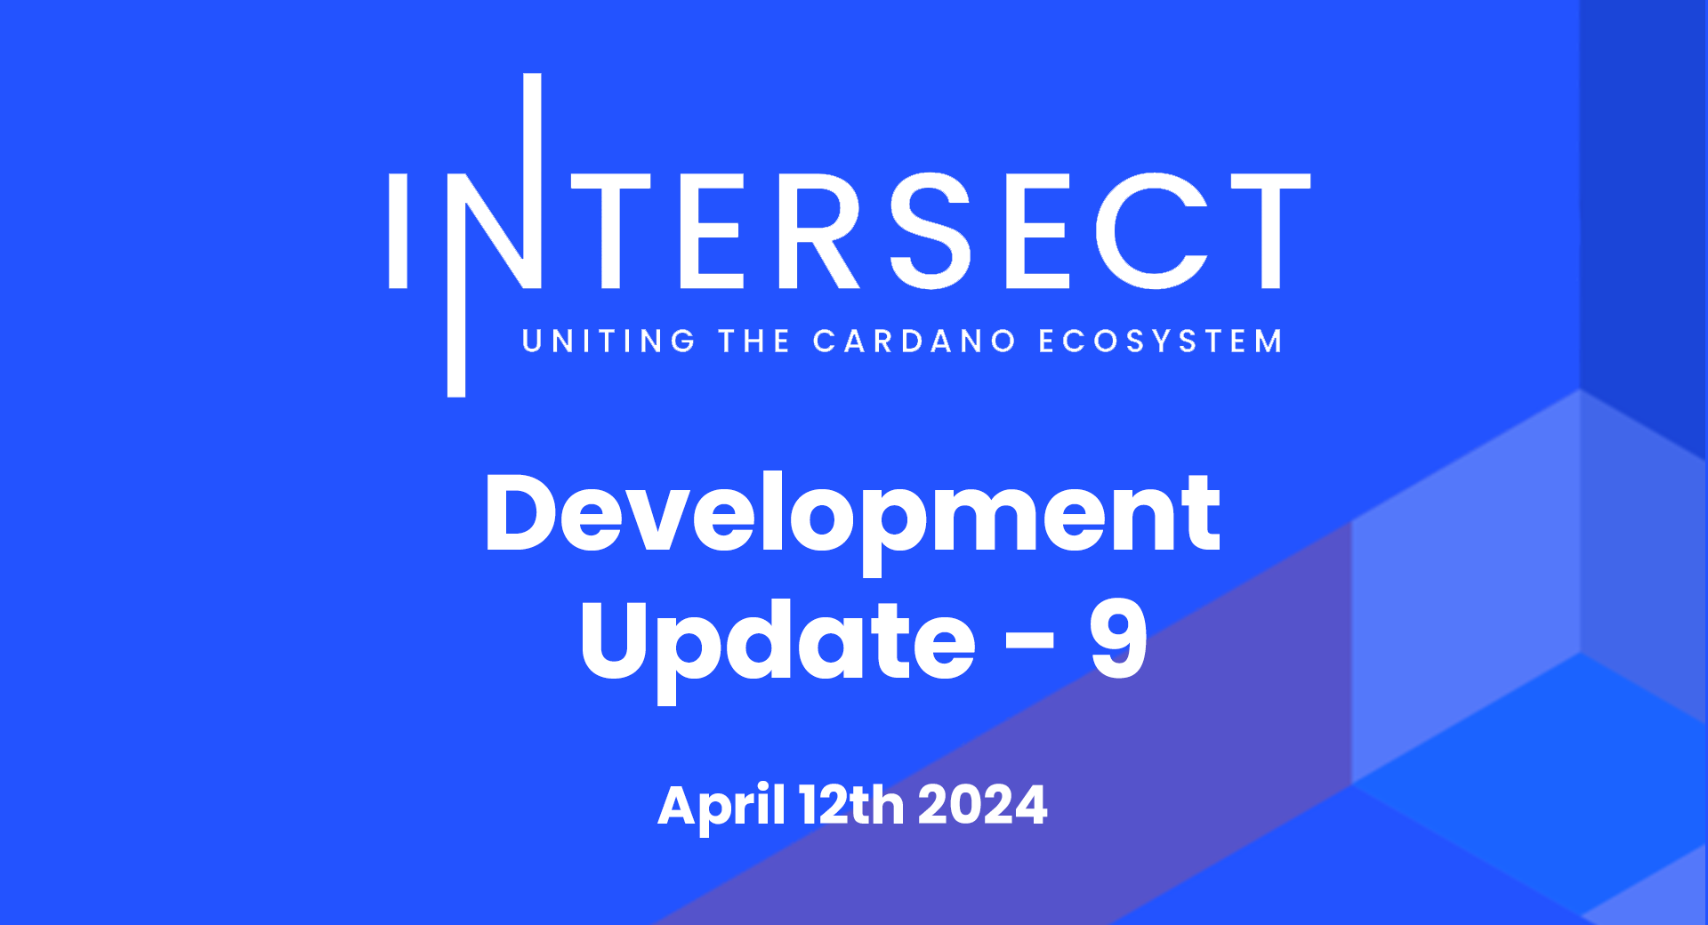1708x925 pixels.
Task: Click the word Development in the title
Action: pyautogui.click(x=852, y=516)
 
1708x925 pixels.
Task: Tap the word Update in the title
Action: pyautogui.click(x=777, y=642)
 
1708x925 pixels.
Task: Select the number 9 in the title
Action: pyautogui.click(x=1118, y=638)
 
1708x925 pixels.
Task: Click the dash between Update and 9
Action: pyautogui.click(x=1029, y=640)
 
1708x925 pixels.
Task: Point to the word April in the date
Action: pyautogui.click(x=721, y=806)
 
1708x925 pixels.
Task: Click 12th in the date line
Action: pyautogui.click(x=851, y=805)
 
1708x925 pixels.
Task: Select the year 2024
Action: pyautogui.click(x=982, y=805)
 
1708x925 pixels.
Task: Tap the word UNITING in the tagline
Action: pyautogui.click(x=608, y=342)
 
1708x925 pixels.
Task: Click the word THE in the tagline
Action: pyautogui.click(x=754, y=342)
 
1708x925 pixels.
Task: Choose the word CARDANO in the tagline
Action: pyautogui.click(x=914, y=342)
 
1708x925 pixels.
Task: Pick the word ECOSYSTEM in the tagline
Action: pyautogui.click(x=1160, y=342)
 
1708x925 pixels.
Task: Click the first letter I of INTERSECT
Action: pyautogui.click(x=398, y=231)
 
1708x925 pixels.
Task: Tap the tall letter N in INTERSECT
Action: pyautogui.click(x=498, y=231)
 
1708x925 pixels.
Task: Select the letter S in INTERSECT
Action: pyautogui.click(x=931, y=231)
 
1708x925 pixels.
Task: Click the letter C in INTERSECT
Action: pyautogui.click(x=1150, y=231)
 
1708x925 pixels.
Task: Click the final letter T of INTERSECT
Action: pyautogui.click(x=1270, y=231)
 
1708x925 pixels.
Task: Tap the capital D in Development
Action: pyautogui.click(x=520, y=514)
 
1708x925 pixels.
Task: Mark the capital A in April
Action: pyautogui.click(x=679, y=805)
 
